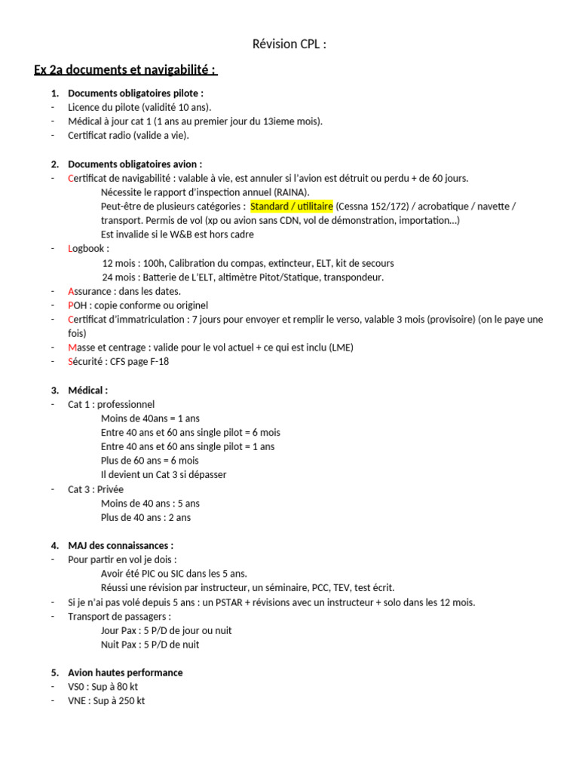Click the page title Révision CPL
pos(289,44)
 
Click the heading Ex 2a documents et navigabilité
pos(125,70)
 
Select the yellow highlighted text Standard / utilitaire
pos(292,206)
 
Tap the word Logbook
pos(88,248)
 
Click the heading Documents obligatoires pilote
pos(136,93)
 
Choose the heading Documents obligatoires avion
pos(135,164)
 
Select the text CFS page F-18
pos(140,361)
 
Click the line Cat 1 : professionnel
pos(111,404)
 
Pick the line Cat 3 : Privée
pos(96,489)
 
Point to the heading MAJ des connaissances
pos(121,545)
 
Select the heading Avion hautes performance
pos(125,672)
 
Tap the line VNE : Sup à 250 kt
pos(106,700)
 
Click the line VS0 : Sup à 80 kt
pos(103,686)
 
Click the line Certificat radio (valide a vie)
pos(128,136)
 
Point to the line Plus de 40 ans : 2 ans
pos(146,517)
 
